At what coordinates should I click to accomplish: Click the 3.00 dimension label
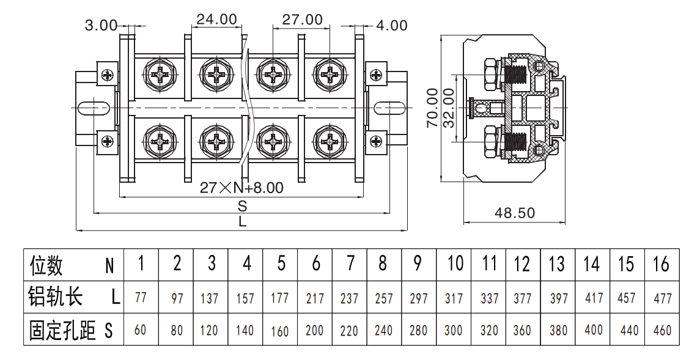point(101,26)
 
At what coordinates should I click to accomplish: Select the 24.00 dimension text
point(217,19)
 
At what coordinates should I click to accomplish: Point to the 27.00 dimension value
point(302,19)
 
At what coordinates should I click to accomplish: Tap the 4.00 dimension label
point(392,26)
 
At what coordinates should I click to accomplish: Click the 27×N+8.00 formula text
point(241,188)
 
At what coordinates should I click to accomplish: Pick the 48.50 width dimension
point(514,213)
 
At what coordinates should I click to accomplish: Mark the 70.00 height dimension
point(433,108)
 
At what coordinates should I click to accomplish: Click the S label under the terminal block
point(243,205)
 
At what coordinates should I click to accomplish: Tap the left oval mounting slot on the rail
point(94,108)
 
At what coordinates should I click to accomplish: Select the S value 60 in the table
point(140,329)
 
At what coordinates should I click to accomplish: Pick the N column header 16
point(661,264)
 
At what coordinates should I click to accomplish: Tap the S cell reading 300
point(453,329)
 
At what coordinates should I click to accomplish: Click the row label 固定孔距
point(62,330)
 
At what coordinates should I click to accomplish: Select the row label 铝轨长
point(56,296)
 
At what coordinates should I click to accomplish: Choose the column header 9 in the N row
point(418,263)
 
